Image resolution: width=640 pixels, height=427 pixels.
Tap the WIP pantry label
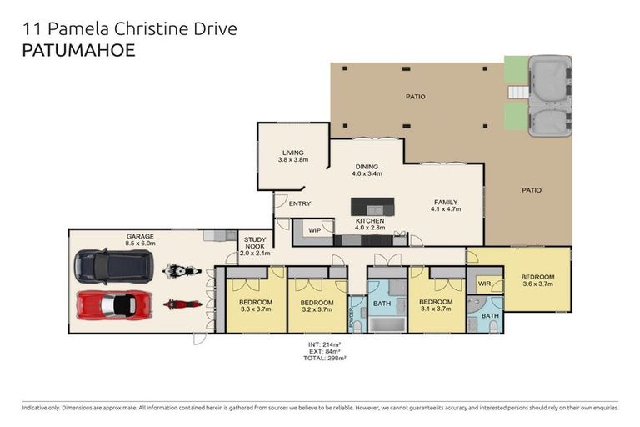point(314,229)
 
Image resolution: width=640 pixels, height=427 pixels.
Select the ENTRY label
point(299,203)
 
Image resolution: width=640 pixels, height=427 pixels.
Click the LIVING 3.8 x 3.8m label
point(293,156)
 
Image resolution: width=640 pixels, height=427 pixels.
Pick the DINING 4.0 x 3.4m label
point(367,170)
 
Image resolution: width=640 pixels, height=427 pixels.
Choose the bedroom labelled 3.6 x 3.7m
point(537,281)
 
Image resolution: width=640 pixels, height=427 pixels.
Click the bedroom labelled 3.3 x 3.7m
point(255,305)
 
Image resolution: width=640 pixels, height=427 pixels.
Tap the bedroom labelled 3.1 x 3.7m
point(435,305)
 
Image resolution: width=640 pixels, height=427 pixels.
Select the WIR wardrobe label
point(483,284)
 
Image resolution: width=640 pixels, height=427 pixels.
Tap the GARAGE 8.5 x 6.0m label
point(140,241)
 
